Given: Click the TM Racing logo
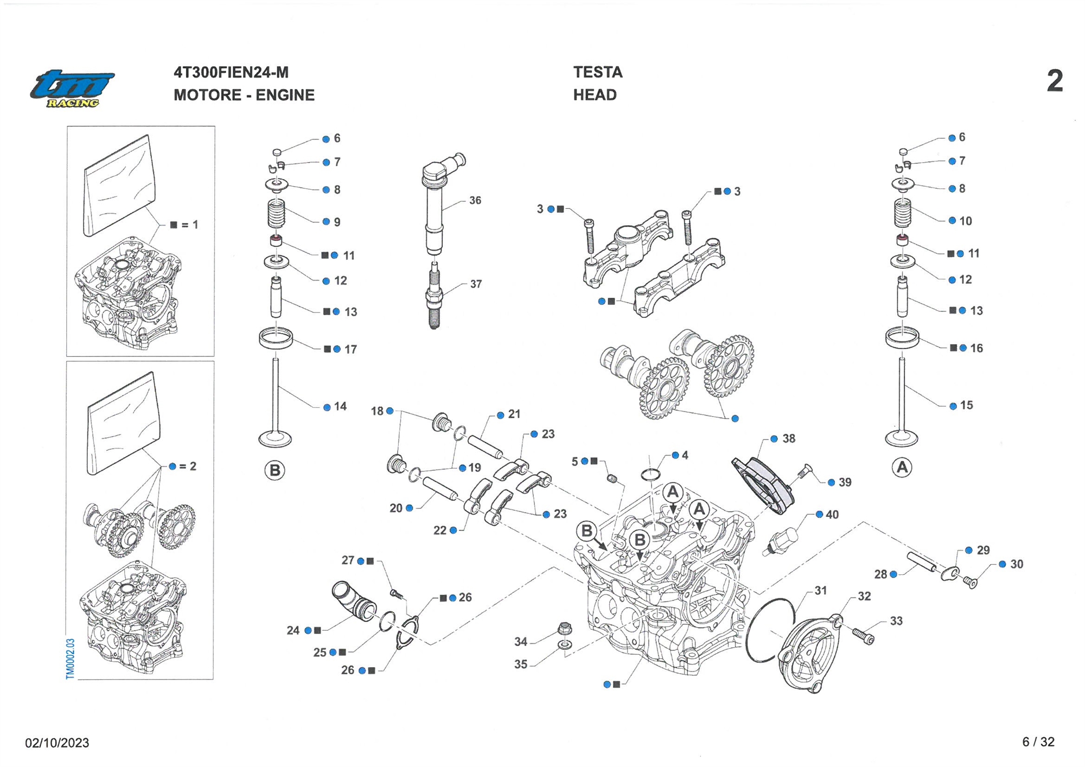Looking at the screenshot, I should coord(72,88).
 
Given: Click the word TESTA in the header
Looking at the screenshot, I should coord(597,72).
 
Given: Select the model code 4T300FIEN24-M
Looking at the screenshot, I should coord(231,72).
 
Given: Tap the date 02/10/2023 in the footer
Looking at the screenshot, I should coord(57,743).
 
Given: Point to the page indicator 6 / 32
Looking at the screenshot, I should coord(1038,742).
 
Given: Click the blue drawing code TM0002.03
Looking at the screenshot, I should coord(70,659).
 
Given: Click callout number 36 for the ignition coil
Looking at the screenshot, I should coord(475,201).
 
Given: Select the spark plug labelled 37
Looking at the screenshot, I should coord(434,296).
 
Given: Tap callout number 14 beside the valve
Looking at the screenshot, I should coord(340,406).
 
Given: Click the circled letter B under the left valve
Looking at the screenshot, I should coord(275,470).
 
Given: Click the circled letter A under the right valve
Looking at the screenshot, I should coord(902,467).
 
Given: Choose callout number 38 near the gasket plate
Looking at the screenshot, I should coord(789,438).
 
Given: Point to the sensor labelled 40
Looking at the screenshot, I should coord(781,542).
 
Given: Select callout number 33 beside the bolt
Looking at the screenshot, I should coord(896,621).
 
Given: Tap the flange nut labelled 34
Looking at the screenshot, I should coord(564,629).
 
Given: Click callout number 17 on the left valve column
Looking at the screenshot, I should coord(350,349).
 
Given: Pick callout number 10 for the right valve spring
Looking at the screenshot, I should coord(966,221).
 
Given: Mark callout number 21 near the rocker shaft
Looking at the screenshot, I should coord(514,414).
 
